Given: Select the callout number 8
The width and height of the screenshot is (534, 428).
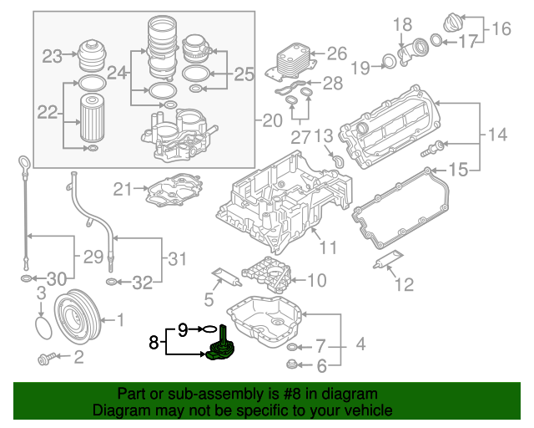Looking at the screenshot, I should click(x=154, y=341).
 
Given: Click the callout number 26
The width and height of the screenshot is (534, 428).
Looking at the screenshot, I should click(x=335, y=54).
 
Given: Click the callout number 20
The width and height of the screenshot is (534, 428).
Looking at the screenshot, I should click(x=272, y=121).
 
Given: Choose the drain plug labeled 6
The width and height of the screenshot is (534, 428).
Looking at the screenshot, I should click(x=293, y=364).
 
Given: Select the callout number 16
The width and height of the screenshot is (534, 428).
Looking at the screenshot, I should click(x=501, y=30).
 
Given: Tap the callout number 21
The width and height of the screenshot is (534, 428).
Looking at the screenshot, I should click(x=123, y=189).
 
